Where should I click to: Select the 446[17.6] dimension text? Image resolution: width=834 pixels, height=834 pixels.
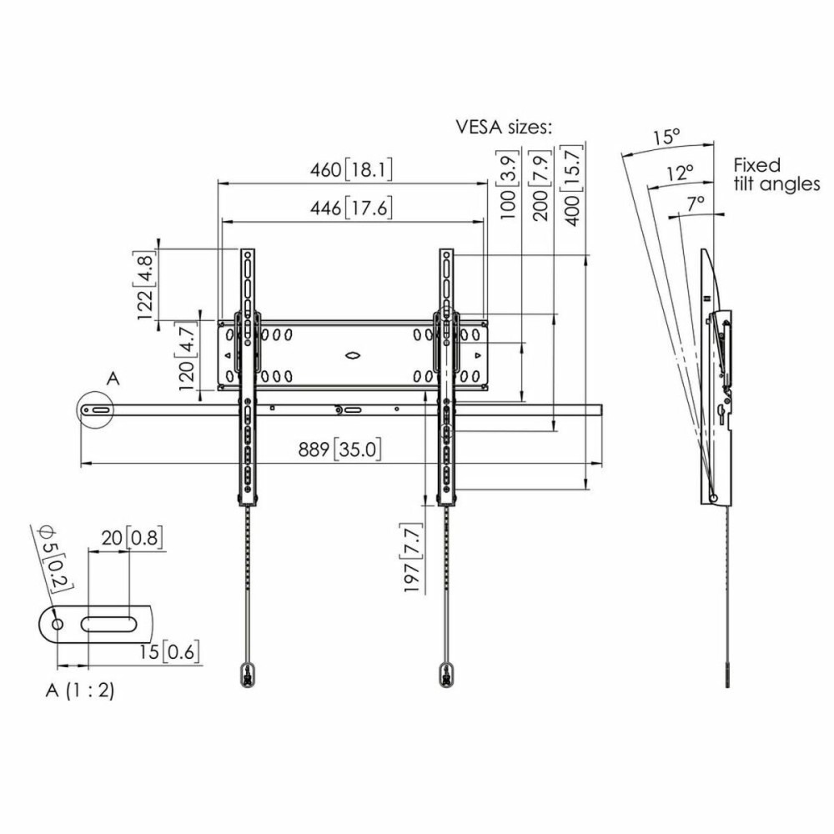[350, 208]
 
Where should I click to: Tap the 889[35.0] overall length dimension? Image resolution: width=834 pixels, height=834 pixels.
[339, 450]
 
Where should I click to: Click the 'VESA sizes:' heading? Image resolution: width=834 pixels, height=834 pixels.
[504, 128]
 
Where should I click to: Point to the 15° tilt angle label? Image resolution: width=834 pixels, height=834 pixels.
[666, 138]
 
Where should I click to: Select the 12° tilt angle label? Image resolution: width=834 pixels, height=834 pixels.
[681, 173]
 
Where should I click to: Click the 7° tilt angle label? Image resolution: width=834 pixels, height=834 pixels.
[696, 203]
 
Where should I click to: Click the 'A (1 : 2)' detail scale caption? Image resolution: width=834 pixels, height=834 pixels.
[80, 691]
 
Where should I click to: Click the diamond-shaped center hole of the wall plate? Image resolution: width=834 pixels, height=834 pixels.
[353, 355]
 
